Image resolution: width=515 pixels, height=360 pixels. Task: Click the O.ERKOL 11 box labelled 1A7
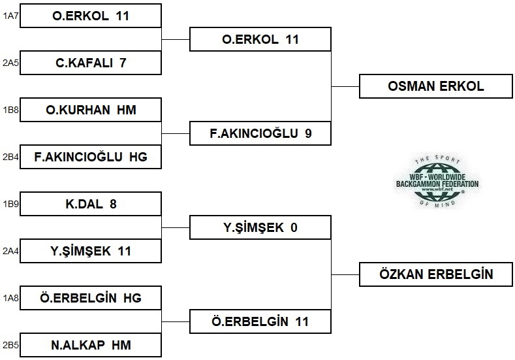tap(91, 16)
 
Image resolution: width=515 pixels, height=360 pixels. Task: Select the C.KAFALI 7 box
tap(91, 63)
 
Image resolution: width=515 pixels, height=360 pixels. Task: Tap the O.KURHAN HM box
tap(91, 110)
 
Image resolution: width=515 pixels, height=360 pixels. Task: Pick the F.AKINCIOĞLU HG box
tap(91, 157)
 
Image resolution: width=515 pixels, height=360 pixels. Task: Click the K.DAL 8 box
tap(91, 204)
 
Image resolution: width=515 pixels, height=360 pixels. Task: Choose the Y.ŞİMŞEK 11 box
tap(91, 251)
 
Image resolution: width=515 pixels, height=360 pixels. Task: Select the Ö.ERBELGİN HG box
tap(91, 298)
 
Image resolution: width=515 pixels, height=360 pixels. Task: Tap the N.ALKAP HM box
tap(91, 344)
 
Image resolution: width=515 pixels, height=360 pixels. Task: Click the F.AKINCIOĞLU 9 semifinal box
tap(260, 133)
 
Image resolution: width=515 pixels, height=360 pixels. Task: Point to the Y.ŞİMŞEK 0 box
tap(260, 227)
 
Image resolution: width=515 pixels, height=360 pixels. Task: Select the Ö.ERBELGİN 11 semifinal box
tap(260, 321)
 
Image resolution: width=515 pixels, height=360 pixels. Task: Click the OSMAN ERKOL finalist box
tap(436, 86)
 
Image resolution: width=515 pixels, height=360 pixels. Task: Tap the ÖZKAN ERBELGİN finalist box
tap(436, 274)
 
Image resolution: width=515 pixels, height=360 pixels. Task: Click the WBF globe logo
tap(437, 181)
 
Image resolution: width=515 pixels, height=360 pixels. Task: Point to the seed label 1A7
tap(9, 16)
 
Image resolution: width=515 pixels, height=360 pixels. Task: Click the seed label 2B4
tap(9, 157)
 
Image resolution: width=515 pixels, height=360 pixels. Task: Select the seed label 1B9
tap(9, 204)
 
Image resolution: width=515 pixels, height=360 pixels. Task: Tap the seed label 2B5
tap(9, 344)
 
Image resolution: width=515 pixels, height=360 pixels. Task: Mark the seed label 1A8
tap(9, 298)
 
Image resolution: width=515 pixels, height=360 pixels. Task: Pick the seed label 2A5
tap(9, 63)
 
